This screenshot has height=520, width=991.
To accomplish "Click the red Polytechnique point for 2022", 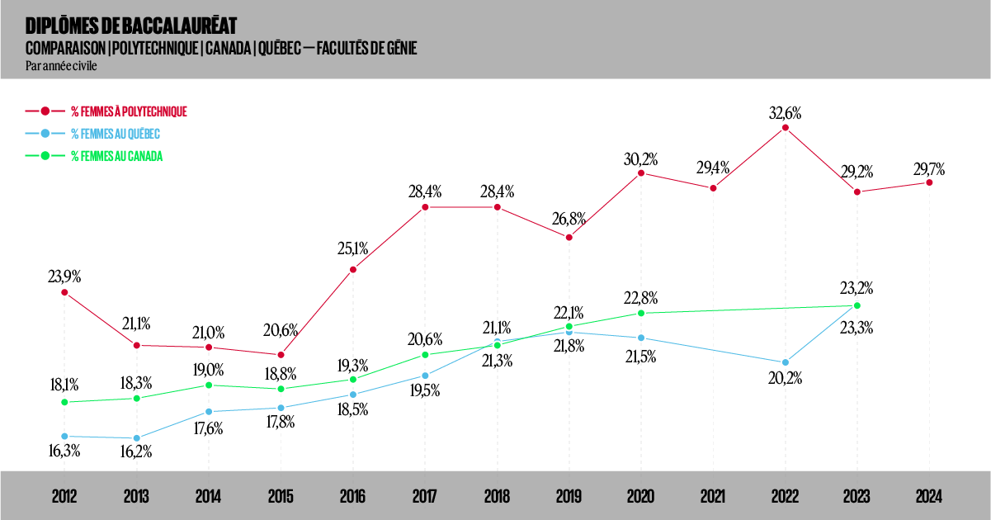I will click(x=786, y=128).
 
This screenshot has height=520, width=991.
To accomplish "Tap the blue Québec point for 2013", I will click(x=136, y=438).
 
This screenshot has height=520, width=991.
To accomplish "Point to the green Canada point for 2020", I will click(x=641, y=313).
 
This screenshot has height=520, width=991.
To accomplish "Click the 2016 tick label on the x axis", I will click(x=352, y=497).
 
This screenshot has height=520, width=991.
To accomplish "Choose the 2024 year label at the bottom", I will click(x=929, y=497).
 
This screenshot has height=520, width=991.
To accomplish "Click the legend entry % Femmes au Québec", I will click(x=115, y=133).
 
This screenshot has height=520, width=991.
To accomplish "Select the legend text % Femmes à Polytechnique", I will click(x=129, y=111).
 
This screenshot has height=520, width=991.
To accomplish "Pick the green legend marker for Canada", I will click(x=46, y=155).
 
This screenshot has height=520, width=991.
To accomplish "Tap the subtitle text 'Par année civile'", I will click(x=62, y=66).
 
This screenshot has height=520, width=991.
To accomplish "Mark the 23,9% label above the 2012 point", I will click(x=64, y=277).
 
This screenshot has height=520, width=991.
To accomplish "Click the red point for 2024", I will click(x=929, y=182).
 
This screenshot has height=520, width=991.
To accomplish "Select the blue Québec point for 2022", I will click(x=786, y=362).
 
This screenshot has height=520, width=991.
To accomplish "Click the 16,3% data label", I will click(x=64, y=451).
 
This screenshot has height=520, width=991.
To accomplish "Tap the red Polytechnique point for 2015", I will click(x=281, y=355).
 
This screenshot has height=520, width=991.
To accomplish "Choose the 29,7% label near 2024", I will click(x=929, y=168).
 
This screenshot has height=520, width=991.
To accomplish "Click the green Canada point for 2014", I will click(x=209, y=385).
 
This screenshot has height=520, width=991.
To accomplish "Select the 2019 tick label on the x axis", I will click(x=569, y=497).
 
